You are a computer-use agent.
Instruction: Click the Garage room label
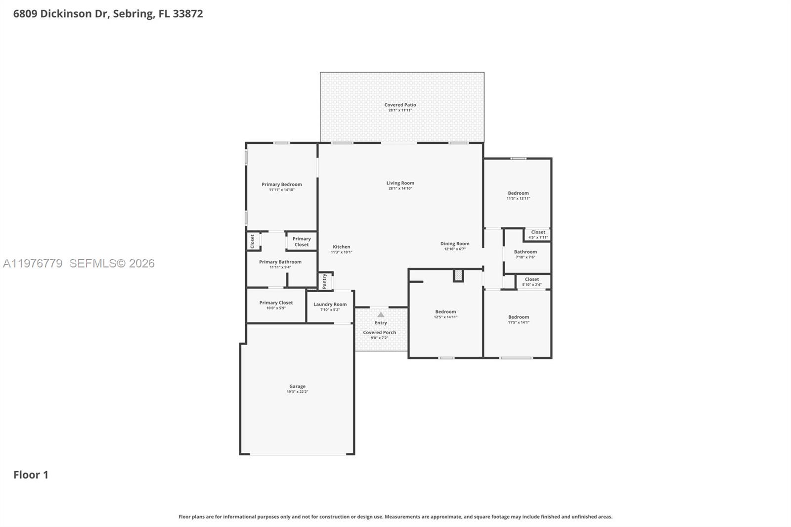click(x=297, y=387)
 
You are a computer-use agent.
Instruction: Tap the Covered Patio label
click(x=400, y=105)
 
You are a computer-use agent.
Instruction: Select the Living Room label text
click(x=400, y=183)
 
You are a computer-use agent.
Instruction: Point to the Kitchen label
click(x=341, y=247)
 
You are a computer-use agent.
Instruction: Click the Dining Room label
click(x=454, y=244)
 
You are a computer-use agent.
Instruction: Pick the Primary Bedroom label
click(x=281, y=185)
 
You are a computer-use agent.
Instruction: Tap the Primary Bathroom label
click(x=280, y=262)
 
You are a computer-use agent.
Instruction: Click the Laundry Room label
click(x=330, y=305)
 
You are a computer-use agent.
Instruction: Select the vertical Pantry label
click(x=324, y=281)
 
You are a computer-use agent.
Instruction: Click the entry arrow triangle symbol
click(x=381, y=315)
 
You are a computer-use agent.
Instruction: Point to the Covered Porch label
click(x=379, y=333)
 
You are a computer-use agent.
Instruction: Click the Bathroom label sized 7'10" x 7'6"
click(x=525, y=252)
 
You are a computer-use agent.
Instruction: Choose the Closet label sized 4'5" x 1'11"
click(x=538, y=232)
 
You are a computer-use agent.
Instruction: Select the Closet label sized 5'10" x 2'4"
click(x=531, y=280)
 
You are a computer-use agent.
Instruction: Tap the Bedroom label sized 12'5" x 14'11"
click(x=445, y=312)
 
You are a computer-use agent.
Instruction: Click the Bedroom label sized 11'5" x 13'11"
click(x=518, y=193)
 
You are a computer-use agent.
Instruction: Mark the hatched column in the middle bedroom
click(x=458, y=275)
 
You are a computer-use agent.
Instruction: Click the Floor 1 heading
click(x=31, y=475)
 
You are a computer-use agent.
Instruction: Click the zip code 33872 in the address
click(x=187, y=14)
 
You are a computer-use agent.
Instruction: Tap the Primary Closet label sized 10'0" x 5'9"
click(x=276, y=303)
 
